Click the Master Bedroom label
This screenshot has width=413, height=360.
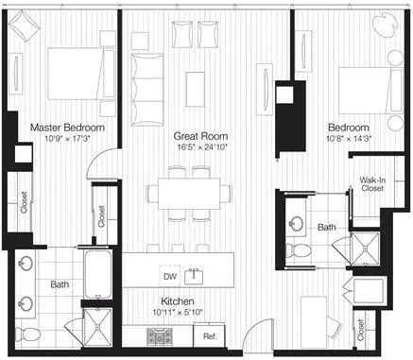coord(67,128)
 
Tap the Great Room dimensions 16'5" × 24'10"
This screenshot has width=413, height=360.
coord(200,146)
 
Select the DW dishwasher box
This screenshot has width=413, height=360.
coord(170,276)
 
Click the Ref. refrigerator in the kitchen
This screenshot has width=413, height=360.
coord(210,336)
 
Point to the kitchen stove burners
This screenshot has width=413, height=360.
coord(160,336)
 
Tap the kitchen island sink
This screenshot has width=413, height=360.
coord(194,276)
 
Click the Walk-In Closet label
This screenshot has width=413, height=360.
coord(372,184)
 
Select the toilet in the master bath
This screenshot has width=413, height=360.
coord(27,334)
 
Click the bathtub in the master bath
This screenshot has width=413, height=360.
coord(98,273)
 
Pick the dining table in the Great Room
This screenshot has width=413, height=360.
coord(189,194)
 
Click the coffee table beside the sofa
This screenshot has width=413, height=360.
coord(196,89)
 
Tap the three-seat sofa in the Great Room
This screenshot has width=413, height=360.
coord(147,90)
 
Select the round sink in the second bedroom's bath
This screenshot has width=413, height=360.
coord(297,224)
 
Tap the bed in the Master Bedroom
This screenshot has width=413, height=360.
coord(81,74)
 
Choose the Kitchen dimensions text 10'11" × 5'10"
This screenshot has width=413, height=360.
coord(178,313)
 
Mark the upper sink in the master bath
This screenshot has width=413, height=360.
coord(25,264)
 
